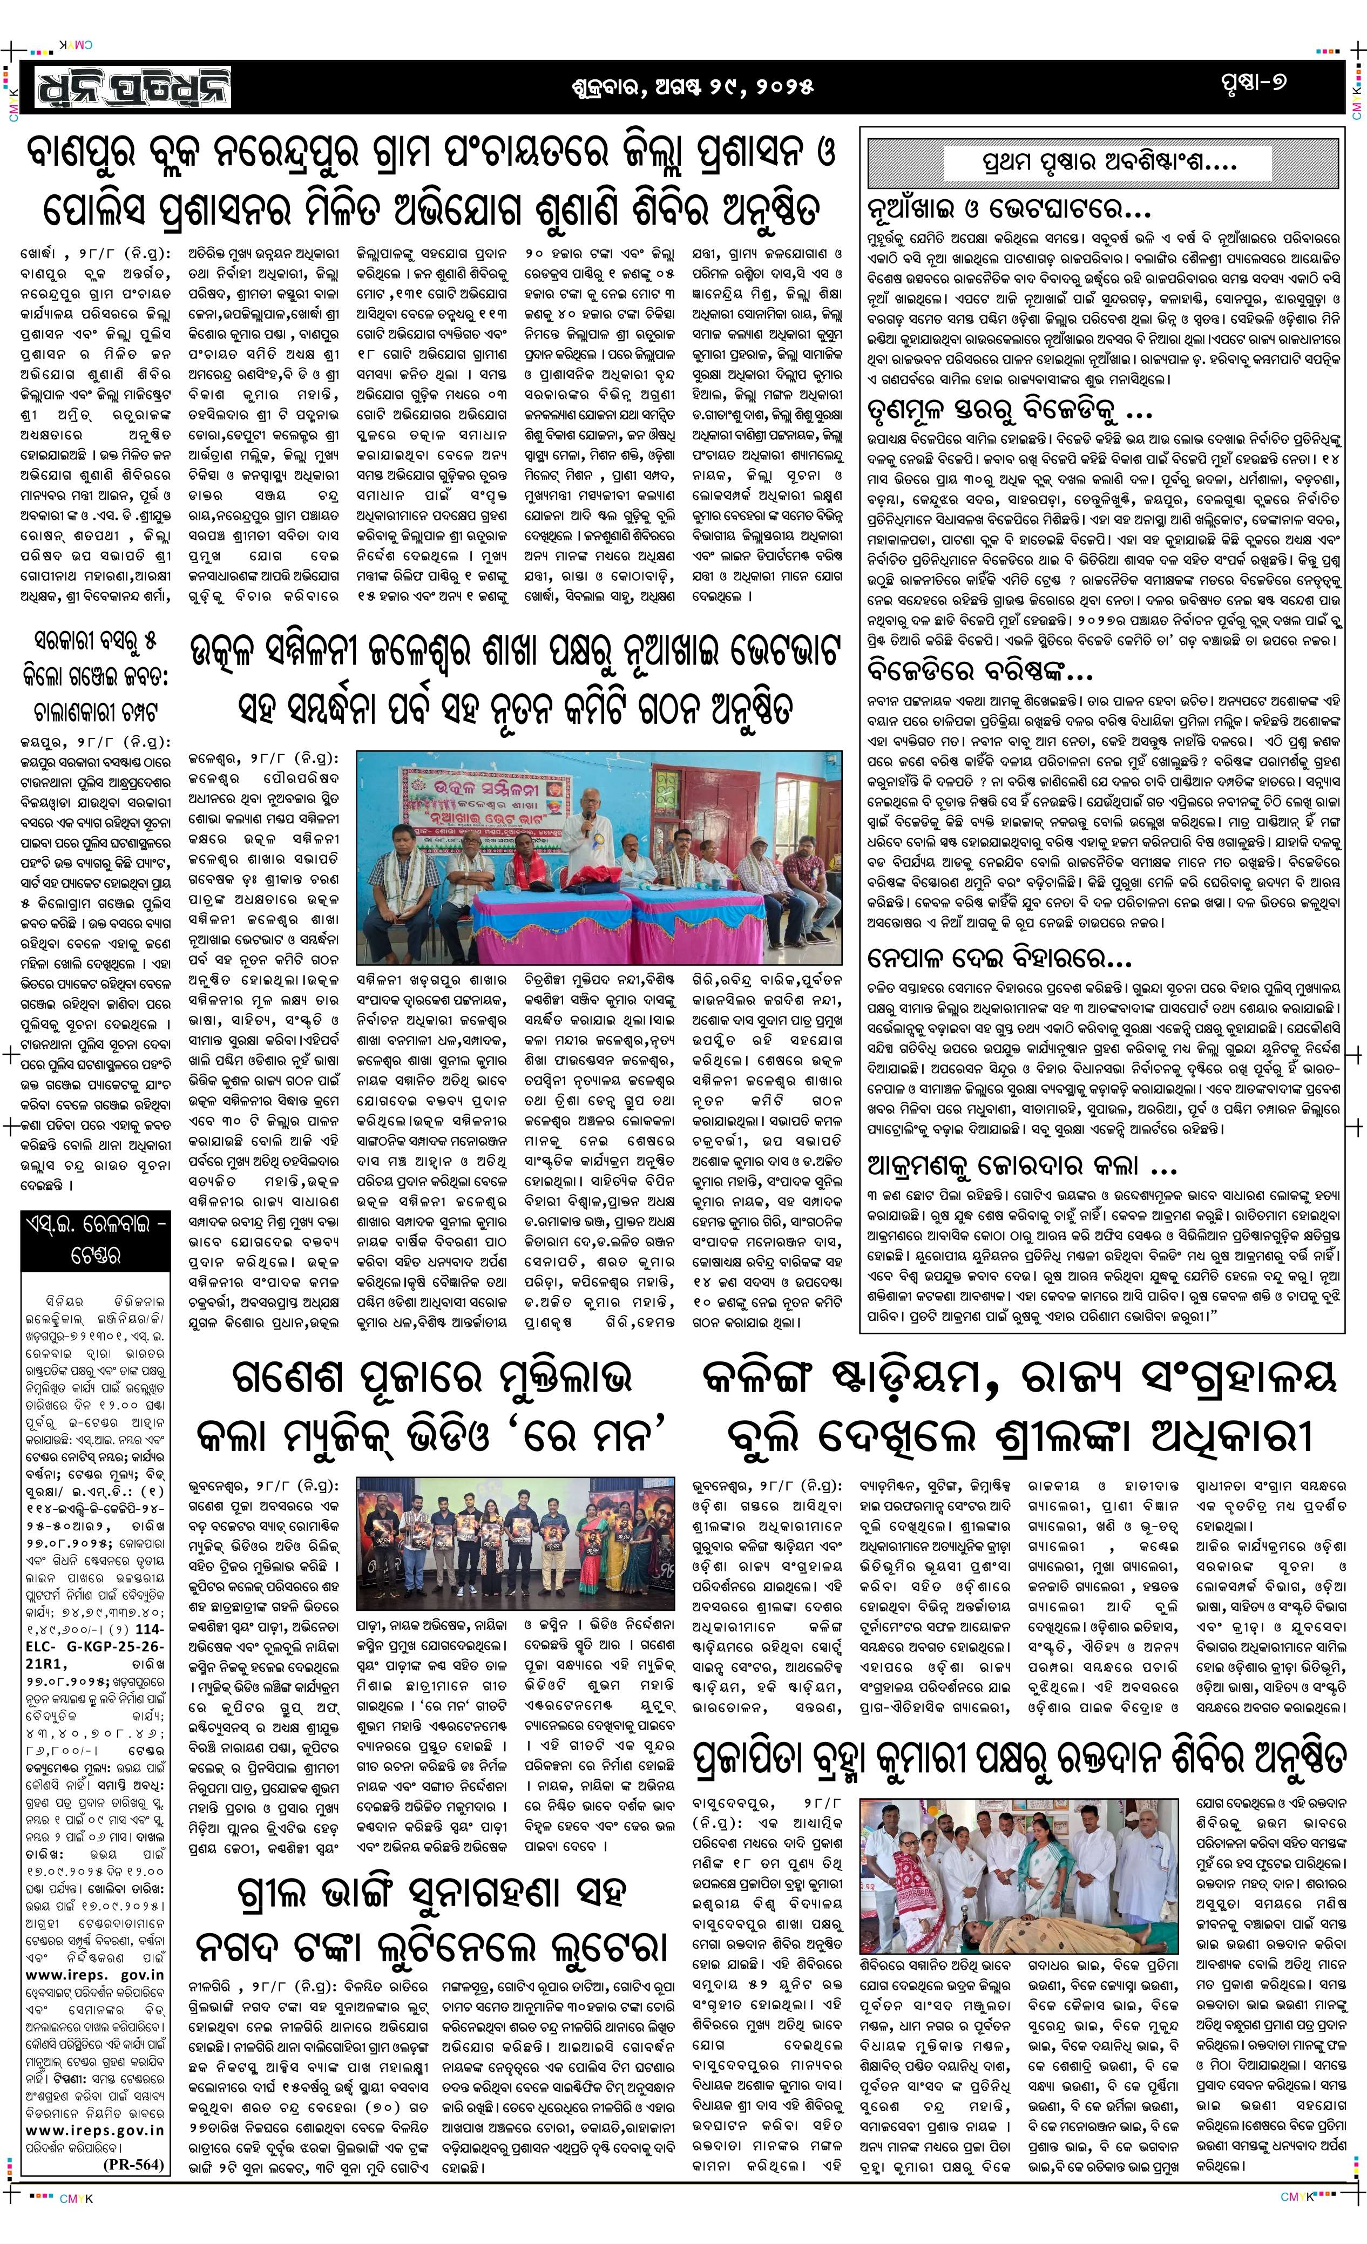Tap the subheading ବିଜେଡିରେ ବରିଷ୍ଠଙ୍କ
pyautogui.click(x=979, y=673)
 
